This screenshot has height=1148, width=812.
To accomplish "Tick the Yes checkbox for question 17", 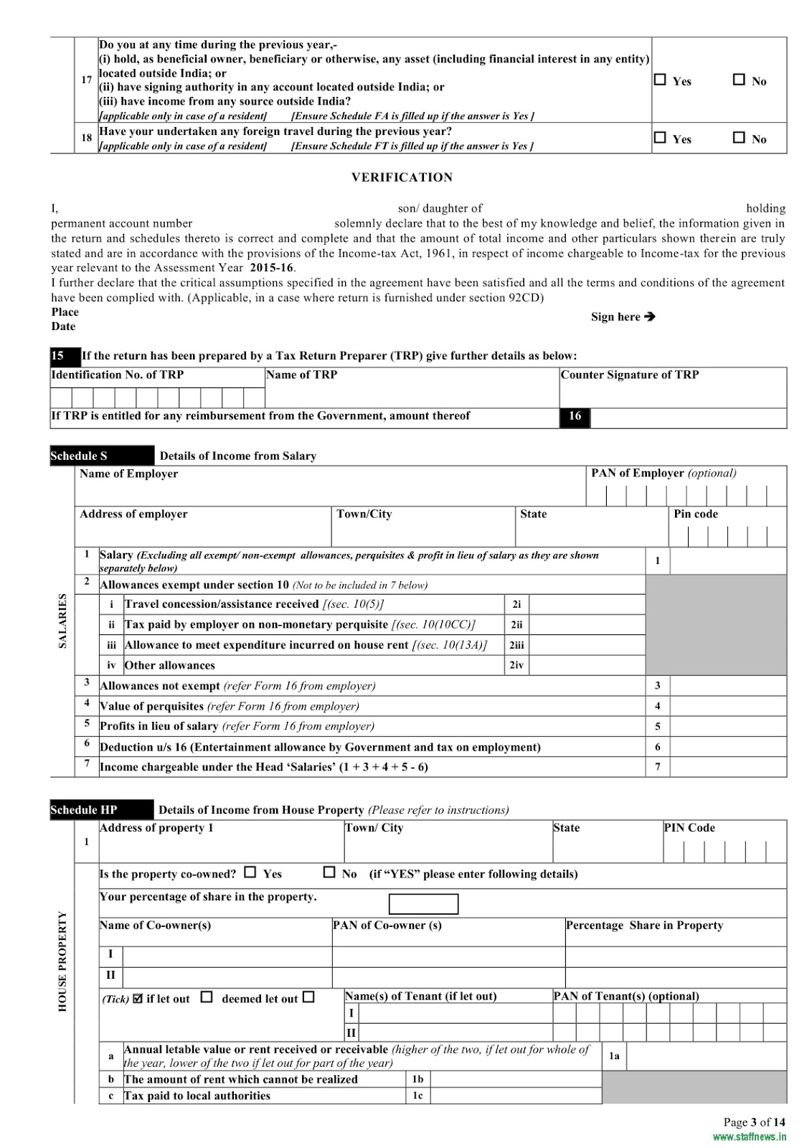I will pos(660,80).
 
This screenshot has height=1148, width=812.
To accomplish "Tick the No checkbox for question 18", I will pos(739,137).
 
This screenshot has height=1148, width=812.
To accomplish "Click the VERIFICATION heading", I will pos(402,177).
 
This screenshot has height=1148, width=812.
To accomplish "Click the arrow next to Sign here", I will pos(650,316).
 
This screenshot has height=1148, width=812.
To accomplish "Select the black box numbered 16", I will pos(575,416).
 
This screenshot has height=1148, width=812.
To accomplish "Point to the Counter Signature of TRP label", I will pos(629,375).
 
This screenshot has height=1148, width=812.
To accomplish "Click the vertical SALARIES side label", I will pos(62,621).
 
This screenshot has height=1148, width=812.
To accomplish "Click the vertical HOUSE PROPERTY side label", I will pos(62,961).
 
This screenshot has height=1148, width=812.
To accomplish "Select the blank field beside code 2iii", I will pos(587,645).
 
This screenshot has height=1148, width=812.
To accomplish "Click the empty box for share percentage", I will pos(423,904).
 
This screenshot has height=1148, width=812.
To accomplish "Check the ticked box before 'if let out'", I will pos(138,998).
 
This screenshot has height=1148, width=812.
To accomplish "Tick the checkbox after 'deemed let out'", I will pos(308,997).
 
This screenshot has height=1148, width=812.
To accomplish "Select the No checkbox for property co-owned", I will pos(329,872).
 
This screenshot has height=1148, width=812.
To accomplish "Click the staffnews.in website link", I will pos(749,1137).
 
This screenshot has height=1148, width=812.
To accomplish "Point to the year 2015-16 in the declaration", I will pos(272,268).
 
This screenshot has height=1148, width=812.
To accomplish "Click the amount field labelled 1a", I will pos(706,1056).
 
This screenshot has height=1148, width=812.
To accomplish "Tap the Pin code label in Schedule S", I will pos(695,514).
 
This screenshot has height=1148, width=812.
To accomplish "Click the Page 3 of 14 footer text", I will pos(754,1122).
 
